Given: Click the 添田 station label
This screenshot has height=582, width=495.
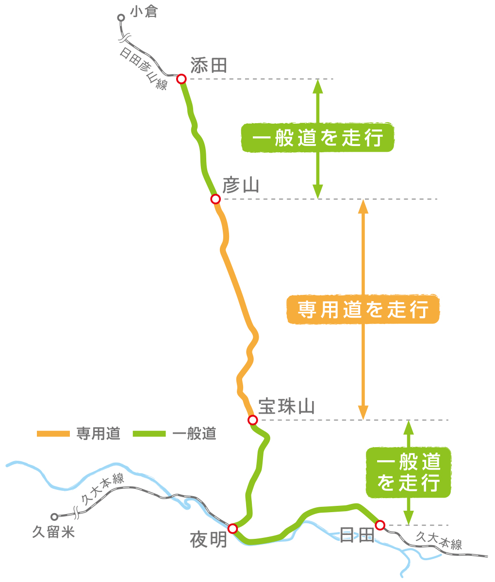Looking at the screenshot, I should click(209, 65).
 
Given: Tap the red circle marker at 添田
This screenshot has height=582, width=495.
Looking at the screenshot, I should click(181, 79).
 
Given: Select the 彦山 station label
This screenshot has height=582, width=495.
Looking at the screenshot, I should click(241, 186).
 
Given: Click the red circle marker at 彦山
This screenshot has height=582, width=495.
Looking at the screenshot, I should click(215, 199).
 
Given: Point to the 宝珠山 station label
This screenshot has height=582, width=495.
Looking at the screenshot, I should click(286, 406).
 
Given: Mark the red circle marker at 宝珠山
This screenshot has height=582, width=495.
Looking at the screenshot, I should click(252, 420).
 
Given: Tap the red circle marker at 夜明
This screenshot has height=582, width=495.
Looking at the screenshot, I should click(232, 528).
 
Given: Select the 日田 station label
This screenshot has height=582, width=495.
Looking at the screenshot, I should click(357, 535).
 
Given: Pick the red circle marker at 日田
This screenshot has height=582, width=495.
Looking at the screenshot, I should click(380, 525).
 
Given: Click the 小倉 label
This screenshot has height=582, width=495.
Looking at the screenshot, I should click(144, 12).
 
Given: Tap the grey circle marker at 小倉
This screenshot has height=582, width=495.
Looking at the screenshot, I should click(121, 18).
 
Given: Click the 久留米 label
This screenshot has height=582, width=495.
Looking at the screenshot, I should click(53, 532).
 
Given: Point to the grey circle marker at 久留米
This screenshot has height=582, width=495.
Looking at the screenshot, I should click(54, 517).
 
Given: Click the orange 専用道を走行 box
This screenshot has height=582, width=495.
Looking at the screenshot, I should click(363, 309).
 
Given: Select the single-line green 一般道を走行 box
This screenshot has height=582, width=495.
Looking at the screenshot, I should click(318, 138).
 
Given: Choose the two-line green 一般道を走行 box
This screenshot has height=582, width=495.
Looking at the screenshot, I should click(409, 473).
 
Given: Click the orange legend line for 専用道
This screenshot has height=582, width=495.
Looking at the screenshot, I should click(53, 434).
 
